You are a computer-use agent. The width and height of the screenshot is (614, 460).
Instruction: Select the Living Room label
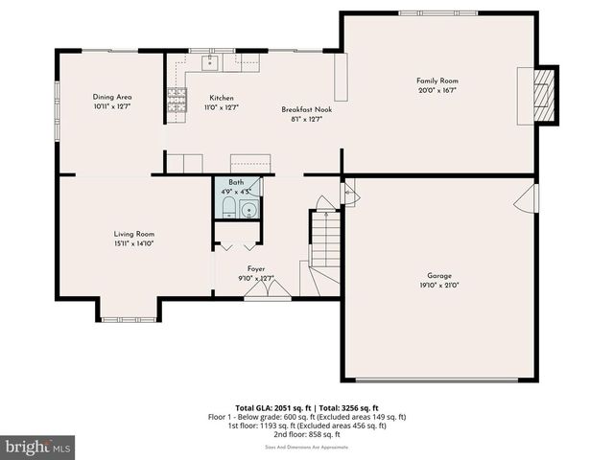[x=134, y=234]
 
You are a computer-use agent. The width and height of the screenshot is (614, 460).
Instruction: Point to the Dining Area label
[x=112, y=97]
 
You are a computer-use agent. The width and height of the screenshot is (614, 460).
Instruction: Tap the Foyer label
[x=255, y=269]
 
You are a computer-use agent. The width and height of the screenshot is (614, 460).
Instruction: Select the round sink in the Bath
[x=248, y=209]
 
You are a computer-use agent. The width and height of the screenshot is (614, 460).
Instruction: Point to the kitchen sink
[x=210, y=63]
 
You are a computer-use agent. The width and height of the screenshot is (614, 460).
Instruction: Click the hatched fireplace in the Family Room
[x=545, y=95]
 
